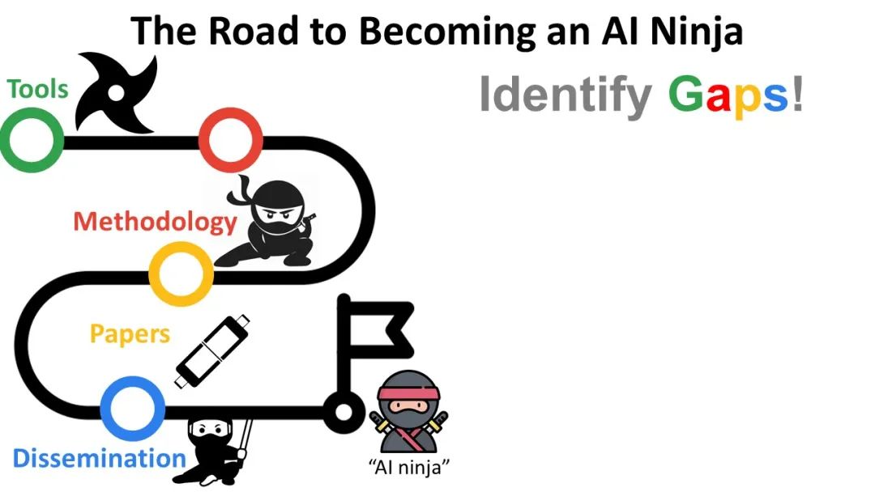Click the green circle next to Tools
coord(32,140)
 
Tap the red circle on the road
coord(231,140)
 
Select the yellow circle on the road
coord(181,274)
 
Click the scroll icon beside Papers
coord(213,350)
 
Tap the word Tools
coord(37,89)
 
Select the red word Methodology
coord(155,221)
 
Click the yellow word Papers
coord(130,333)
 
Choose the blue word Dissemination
coord(99,458)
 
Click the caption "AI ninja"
coord(409,467)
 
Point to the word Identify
coord(565,95)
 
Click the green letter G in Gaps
coord(686,95)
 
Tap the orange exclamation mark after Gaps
coord(797,94)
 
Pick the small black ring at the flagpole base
coord(344,411)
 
